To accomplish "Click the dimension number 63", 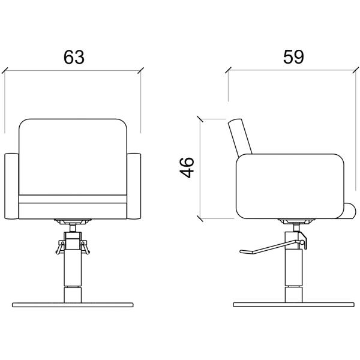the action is pyautogui.click(x=74, y=57).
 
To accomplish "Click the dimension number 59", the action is pyautogui.click(x=293, y=57).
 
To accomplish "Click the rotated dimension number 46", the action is pyautogui.click(x=187, y=167).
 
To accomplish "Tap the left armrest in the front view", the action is pyautogui.click(x=11, y=186).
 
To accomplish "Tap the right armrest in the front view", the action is pyautogui.click(x=134, y=186).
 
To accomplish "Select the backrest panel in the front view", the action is pyautogui.click(x=73, y=157).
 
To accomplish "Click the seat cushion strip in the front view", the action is pyautogui.click(x=73, y=199).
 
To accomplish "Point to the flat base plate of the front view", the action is pyautogui.click(x=73, y=305).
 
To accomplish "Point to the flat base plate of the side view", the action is pyautogui.click(x=293, y=305).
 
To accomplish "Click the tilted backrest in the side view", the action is pyautogui.click(x=240, y=136).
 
